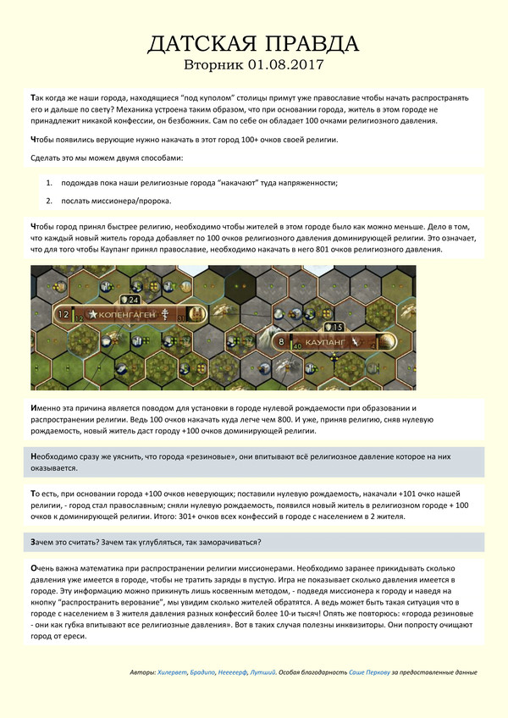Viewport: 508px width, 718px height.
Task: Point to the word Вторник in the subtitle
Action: pos(216,65)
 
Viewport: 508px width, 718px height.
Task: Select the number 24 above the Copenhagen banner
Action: pos(134,299)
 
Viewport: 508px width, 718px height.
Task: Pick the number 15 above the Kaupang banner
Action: pos(337,327)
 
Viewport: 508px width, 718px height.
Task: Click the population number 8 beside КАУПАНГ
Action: pos(281,341)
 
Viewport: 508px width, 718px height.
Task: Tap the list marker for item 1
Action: pos(50,183)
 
